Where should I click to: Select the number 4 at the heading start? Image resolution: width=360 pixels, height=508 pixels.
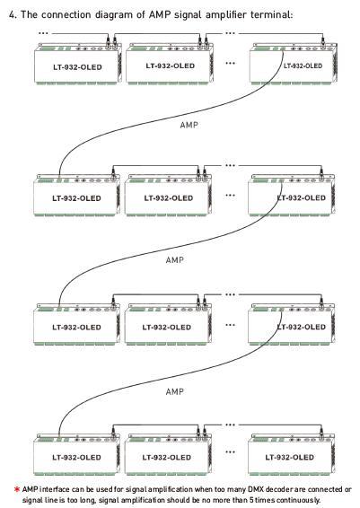tap(13, 14)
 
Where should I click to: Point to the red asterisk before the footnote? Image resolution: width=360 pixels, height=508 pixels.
tap(17, 489)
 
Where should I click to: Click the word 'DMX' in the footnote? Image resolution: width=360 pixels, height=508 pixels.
tap(256, 489)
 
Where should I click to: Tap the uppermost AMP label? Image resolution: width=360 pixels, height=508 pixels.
tap(189, 125)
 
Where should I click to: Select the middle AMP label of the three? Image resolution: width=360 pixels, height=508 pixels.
tap(175, 259)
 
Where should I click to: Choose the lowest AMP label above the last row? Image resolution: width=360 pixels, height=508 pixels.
tap(175, 391)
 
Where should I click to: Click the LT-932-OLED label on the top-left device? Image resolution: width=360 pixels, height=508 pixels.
tap(77, 67)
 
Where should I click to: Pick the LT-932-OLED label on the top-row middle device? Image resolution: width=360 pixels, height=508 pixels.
tap(170, 66)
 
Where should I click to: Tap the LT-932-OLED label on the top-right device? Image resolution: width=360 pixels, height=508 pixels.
tap(303, 66)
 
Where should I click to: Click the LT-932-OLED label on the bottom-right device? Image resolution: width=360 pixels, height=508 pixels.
tap(289, 457)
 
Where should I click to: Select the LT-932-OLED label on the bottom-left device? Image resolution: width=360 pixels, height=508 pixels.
tap(76, 458)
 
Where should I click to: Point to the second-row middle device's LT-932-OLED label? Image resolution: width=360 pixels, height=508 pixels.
tap(169, 198)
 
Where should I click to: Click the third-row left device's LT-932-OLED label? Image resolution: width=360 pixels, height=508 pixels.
tap(76, 328)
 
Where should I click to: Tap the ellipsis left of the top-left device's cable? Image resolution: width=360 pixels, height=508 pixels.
tap(43, 33)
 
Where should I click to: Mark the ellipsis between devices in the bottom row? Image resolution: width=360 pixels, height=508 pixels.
tap(230, 452)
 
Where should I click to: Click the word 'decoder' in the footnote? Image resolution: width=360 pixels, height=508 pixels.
tap(279, 489)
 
